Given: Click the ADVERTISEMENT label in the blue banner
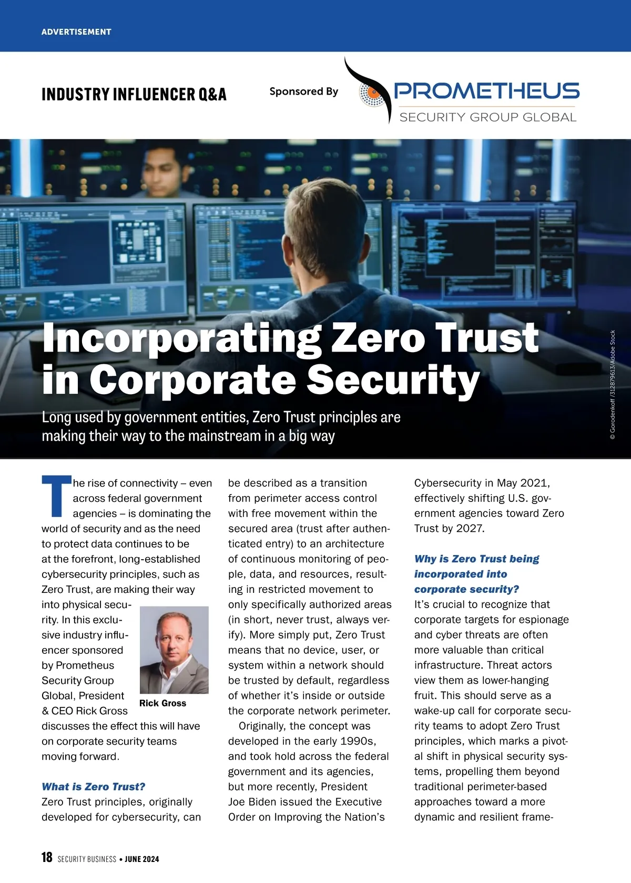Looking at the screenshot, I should pyautogui.click(x=76, y=32).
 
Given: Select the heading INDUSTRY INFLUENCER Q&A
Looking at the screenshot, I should pyautogui.click(x=134, y=95).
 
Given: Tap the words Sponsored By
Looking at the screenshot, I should pyautogui.click(x=303, y=91).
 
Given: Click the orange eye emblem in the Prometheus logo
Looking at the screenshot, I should pyautogui.click(x=375, y=93).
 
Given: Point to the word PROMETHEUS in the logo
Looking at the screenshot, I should pyautogui.click(x=487, y=91).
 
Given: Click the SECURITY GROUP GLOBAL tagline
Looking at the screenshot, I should pyautogui.click(x=487, y=117).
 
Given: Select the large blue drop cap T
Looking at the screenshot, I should pyautogui.click(x=56, y=496).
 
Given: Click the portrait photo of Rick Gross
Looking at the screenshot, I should pyautogui.click(x=174, y=650).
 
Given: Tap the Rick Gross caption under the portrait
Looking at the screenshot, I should pyautogui.click(x=162, y=703).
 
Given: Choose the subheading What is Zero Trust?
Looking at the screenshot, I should pyautogui.click(x=93, y=787).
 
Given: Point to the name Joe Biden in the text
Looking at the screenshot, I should pyautogui.click(x=252, y=802).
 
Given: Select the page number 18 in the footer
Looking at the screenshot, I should pyautogui.click(x=47, y=857).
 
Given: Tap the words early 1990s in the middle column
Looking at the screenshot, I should pyautogui.click(x=344, y=741).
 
